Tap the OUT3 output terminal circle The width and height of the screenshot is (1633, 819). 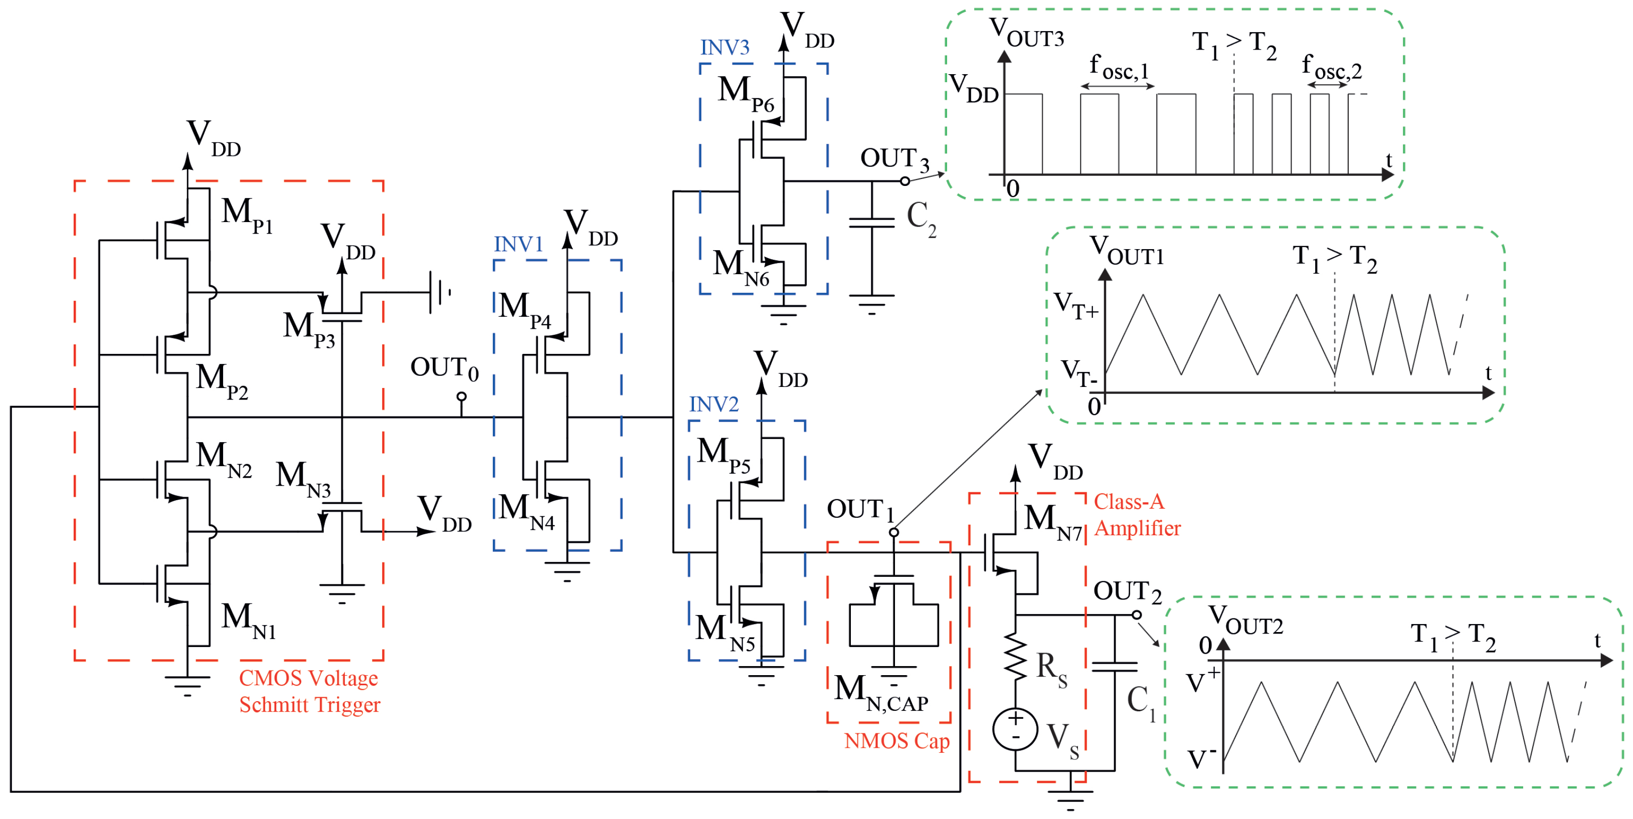905,181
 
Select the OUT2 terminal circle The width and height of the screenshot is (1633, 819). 1137,615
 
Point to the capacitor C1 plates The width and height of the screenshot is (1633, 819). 1115,667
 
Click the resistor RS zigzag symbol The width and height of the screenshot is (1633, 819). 1016,658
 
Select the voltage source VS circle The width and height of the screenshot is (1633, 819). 1016,729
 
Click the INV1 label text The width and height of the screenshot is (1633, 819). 518,245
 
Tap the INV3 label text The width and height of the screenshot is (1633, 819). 724,48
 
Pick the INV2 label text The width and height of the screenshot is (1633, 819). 714,404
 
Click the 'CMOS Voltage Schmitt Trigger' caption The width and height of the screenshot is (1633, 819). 309,692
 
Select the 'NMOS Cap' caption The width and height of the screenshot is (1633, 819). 897,741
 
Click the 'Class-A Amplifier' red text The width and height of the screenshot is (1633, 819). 1137,515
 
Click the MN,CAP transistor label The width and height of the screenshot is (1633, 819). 881,693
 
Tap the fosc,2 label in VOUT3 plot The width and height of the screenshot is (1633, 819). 1332,67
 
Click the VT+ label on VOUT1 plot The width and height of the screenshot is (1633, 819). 1075,306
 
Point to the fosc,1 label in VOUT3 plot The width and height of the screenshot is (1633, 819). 1119,67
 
